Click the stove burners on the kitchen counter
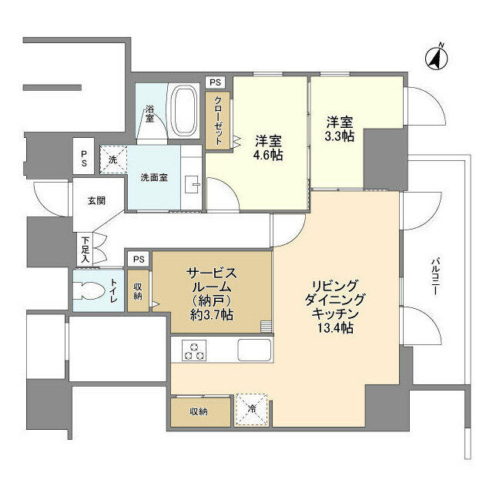[x=193, y=350]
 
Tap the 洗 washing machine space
[x=112, y=159]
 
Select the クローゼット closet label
[x=218, y=121]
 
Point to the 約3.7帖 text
[x=210, y=316]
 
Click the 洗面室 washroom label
[x=154, y=178]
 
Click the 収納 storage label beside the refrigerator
[x=200, y=411]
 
